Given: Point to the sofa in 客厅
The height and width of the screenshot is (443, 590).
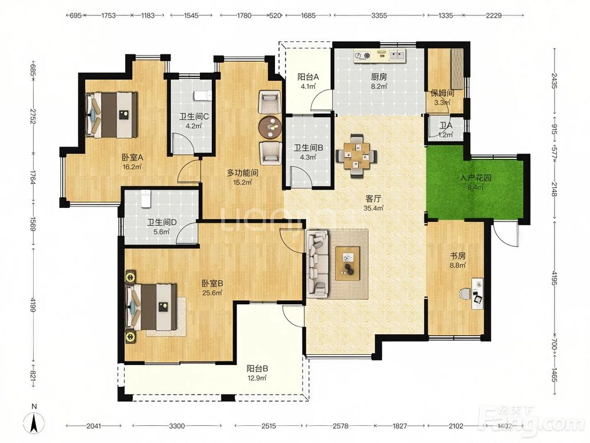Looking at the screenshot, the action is pyautogui.click(x=318, y=263).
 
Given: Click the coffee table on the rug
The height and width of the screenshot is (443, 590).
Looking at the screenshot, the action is pyautogui.click(x=348, y=263).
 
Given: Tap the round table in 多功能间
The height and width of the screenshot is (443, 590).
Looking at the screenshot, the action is pyautogui.click(x=270, y=128).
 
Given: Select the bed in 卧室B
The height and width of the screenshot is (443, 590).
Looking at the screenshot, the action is pyautogui.click(x=151, y=307).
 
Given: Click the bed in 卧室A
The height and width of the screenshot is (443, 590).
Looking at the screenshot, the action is pyautogui.click(x=112, y=115).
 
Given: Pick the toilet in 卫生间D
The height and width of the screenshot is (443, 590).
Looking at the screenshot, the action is pyautogui.click(x=145, y=198).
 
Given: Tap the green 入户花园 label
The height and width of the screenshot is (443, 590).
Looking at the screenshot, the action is pyautogui.click(x=476, y=177).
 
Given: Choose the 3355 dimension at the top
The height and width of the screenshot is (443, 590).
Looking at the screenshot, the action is pyautogui.click(x=379, y=15).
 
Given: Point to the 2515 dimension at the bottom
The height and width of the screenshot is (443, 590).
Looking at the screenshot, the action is pyautogui.click(x=268, y=426).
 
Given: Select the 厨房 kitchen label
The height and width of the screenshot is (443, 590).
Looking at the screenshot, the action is pyautogui.click(x=379, y=77).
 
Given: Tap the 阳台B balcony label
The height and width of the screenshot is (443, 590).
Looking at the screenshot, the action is pyautogui.click(x=257, y=369).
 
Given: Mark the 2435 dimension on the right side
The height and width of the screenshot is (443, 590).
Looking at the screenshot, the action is pyautogui.click(x=554, y=80).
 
